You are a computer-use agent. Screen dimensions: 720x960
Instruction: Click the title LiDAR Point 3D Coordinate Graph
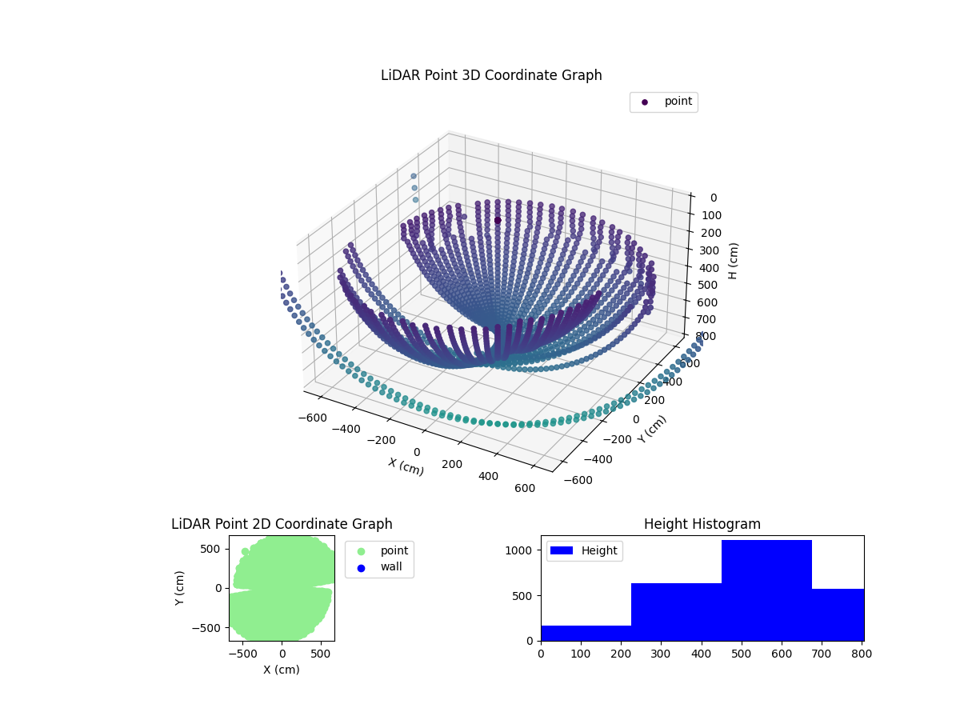click(491, 75)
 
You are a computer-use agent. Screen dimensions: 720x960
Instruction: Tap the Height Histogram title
click(702, 524)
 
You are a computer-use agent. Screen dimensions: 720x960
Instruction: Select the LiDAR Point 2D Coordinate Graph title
click(282, 524)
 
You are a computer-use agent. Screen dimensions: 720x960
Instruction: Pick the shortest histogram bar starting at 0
click(586, 633)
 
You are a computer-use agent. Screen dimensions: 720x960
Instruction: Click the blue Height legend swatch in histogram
click(562, 550)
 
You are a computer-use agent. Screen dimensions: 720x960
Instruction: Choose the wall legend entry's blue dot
click(361, 568)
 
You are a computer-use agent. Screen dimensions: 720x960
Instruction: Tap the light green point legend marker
click(361, 551)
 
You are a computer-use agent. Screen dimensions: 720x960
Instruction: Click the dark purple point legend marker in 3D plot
click(645, 102)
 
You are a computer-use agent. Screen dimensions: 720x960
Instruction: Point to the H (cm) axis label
click(734, 260)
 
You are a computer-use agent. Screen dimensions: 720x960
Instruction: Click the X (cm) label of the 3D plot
click(406, 466)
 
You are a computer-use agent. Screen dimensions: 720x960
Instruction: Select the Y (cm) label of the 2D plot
click(180, 588)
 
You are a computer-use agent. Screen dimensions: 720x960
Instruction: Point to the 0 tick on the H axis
click(713, 198)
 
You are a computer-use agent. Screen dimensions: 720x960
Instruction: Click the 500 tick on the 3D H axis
click(708, 286)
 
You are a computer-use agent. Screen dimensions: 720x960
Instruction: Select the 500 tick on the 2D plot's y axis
click(212, 549)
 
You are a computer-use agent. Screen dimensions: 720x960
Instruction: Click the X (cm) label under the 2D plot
click(282, 670)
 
